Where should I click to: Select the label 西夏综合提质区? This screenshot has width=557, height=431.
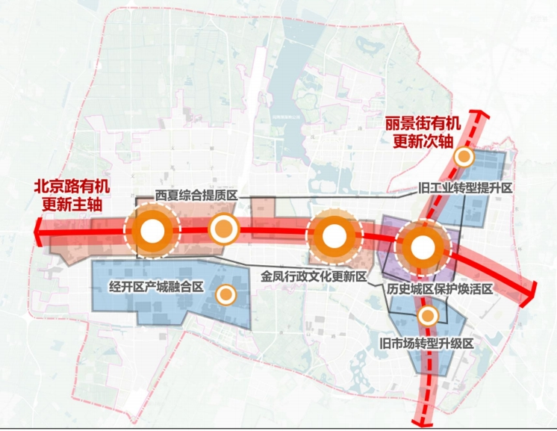[x=196, y=195]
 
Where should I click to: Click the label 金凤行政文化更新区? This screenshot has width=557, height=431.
[x=313, y=276]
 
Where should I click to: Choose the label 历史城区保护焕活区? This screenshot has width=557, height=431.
[x=441, y=288]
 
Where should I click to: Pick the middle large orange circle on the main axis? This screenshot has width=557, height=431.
[x=335, y=237]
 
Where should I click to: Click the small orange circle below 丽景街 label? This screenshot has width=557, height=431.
[x=464, y=157]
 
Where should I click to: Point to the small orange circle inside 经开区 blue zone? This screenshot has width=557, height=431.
[x=223, y=295]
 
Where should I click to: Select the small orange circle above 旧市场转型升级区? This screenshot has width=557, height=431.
[x=427, y=316]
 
